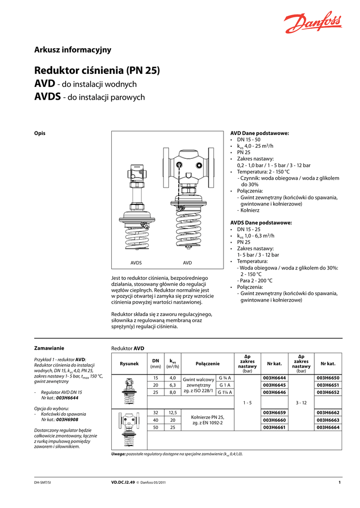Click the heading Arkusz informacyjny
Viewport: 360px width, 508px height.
point(72,50)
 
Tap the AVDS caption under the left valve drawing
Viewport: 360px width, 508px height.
point(136,262)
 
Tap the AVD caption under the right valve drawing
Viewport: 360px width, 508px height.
point(187,262)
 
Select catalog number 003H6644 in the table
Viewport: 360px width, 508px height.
point(274,378)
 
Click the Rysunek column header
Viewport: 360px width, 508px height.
point(129,364)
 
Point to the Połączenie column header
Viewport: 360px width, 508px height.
point(208,364)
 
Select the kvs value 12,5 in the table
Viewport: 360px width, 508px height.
point(173,412)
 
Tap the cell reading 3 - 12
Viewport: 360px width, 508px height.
point(301,402)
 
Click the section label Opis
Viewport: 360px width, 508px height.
point(40,133)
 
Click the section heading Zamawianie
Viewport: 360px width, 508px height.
point(49,348)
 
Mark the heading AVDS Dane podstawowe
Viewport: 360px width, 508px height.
point(261,223)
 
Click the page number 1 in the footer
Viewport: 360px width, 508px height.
point(339,482)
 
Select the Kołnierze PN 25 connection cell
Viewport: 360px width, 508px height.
point(208,420)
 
